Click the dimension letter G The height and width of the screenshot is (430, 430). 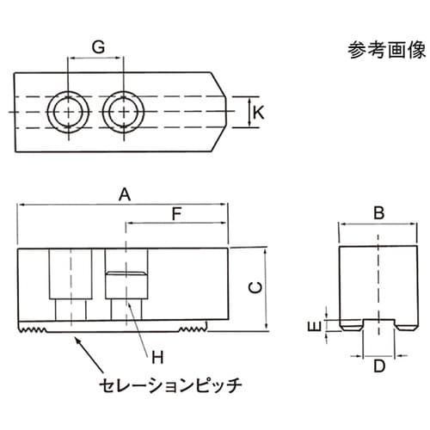tap(97, 48)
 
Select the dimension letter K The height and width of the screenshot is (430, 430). tap(259, 112)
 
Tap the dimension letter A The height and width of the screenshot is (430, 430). tap(124, 195)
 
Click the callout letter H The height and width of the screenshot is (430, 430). tap(157, 356)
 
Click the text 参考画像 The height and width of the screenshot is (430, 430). tap(381, 49)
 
